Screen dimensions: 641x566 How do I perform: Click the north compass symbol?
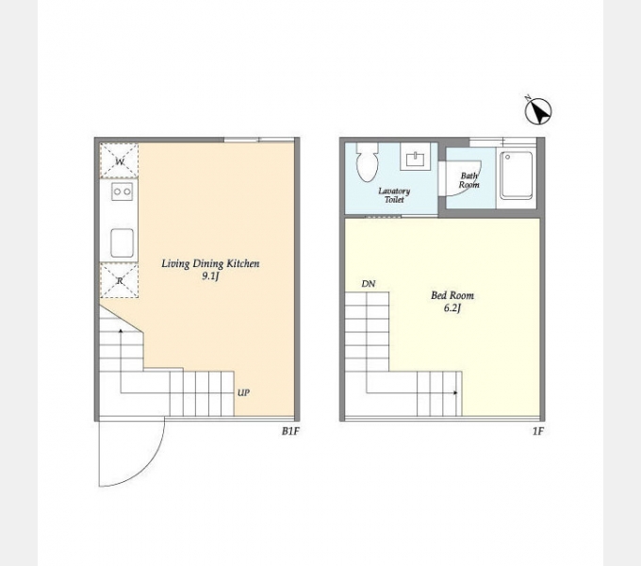(538, 110)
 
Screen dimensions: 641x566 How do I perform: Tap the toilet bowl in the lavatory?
(367, 162)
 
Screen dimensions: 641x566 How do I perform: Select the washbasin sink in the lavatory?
(415, 157)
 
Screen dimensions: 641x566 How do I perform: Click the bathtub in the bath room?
(517, 175)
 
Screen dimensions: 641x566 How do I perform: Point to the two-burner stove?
(122, 191)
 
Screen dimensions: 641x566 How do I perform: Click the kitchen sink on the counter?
(122, 243)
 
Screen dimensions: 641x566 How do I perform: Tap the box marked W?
(120, 161)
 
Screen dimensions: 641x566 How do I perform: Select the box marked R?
(120, 280)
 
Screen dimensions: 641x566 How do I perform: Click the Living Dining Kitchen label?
(210, 263)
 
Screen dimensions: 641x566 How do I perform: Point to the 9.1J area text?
(210, 276)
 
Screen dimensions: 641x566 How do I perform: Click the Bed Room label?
(452, 295)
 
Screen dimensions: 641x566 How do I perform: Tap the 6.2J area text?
(452, 308)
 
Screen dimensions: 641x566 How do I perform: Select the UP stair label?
(243, 393)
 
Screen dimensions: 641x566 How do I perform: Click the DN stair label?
(369, 284)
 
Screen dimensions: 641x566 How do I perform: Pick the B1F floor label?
(290, 431)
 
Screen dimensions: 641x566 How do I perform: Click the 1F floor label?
(538, 431)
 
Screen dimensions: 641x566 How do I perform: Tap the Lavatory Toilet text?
(394, 195)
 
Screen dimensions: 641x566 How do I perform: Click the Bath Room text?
(468, 180)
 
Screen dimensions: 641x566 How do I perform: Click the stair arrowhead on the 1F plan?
(455, 393)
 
